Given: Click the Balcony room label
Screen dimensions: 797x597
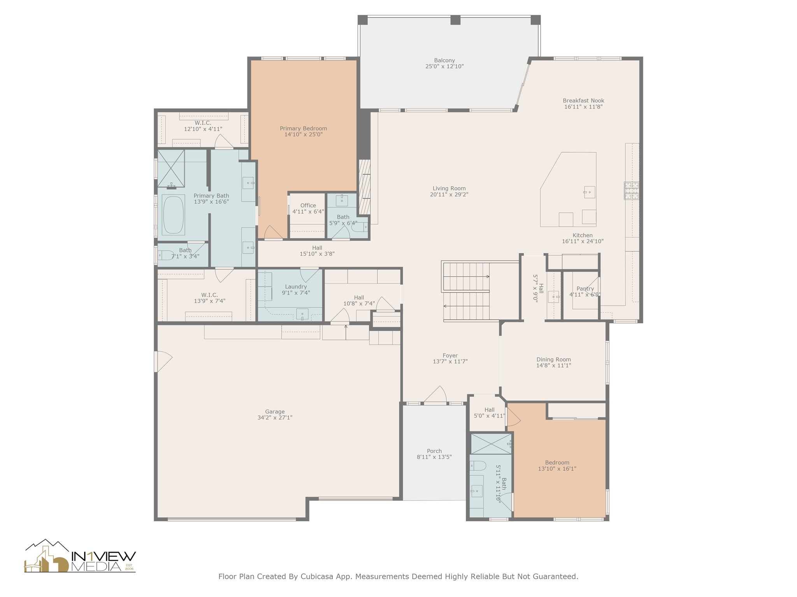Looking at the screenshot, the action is point(444,61).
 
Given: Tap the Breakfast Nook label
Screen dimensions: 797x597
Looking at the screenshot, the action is point(583,101).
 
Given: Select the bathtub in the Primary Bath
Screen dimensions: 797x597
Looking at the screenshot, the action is point(173,215).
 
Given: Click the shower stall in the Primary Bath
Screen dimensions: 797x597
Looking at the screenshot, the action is point(171,168).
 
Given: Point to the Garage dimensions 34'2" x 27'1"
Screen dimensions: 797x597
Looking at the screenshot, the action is point(275,418).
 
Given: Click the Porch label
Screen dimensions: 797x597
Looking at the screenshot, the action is point(434,451).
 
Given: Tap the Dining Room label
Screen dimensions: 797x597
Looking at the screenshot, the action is point(554,360).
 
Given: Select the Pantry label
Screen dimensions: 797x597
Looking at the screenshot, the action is point(585,288).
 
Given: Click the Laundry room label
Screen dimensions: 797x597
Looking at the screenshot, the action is point(296,287).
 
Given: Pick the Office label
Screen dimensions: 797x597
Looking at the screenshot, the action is point(308,206).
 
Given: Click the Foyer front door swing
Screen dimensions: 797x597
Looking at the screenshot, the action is point(435,395).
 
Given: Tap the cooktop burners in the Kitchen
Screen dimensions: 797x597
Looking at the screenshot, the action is point(632,191).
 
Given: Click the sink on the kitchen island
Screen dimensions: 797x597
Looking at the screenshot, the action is point(589,192).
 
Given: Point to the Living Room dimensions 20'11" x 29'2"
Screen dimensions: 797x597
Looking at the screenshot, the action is point(449,195).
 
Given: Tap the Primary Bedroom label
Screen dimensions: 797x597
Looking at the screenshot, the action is point(304,129).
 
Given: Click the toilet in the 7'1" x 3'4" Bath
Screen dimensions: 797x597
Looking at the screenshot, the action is point(165,255).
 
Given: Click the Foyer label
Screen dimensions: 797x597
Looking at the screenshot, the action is point(450,356).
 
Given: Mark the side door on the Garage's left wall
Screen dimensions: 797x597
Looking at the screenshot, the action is point(163,361).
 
